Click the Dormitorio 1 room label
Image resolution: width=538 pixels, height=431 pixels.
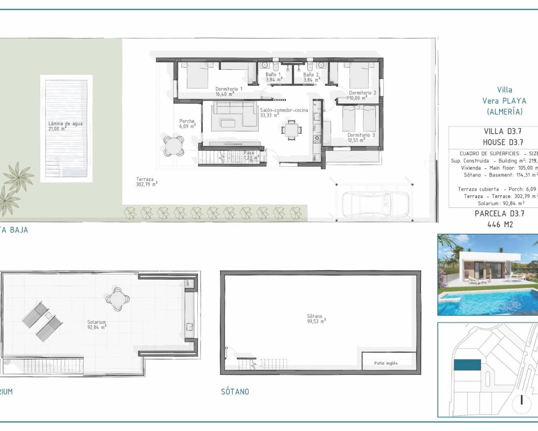[x=229, y=91]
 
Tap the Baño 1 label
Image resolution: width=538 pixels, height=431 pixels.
[x=273, y=77]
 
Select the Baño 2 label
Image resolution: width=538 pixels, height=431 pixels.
[x=311, y=77]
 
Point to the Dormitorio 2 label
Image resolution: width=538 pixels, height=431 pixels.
[x=362, y=95]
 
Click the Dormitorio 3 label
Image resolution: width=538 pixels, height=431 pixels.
[x=361, y=138]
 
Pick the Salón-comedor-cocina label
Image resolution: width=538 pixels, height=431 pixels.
[x=284, y=112]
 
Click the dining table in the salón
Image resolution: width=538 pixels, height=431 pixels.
[x=291, y=129]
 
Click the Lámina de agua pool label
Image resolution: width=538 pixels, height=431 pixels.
[x=65, y=126]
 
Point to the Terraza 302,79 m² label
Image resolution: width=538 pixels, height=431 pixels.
[x=146, y=181]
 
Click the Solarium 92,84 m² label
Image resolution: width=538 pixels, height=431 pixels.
[x=97, y=325]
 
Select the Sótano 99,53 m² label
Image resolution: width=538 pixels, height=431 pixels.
[x=316, y=319]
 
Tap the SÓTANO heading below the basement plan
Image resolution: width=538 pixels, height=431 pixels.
[x=235, y=391]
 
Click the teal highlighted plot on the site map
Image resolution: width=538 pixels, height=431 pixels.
[x=467, y=365]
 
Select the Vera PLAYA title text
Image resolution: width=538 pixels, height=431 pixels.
[x=504, y=101]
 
